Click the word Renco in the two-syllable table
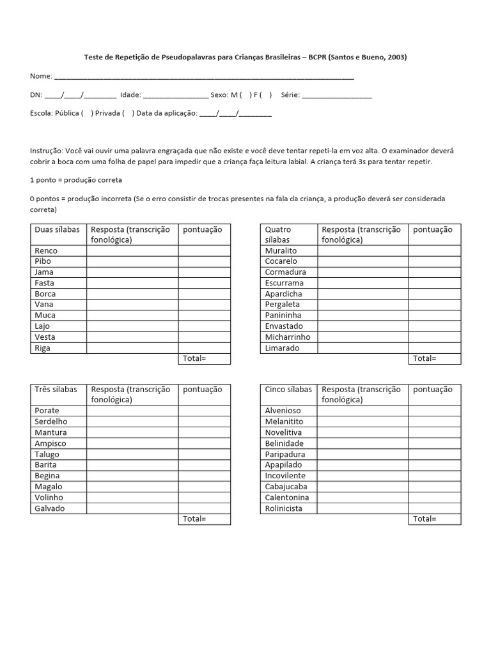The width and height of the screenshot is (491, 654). coord(45,250)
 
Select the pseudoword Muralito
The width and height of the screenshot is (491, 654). coord(281,250)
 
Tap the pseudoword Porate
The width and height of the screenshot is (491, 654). coord(47,411)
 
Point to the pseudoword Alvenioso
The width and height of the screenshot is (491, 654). coord(283,411)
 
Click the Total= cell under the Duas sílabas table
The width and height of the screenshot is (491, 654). coord(204,358)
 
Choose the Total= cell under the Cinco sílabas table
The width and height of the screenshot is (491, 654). coord(434,519)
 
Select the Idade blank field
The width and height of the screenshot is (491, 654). coord(175,95)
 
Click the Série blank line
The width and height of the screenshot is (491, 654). coord(336,95)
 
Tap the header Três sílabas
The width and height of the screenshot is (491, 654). coord(56,390)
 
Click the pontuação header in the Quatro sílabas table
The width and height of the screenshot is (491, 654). coord(433,229)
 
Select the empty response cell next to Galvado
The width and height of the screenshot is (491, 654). coord(132,508)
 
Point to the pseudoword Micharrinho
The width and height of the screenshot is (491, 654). coord(288,337)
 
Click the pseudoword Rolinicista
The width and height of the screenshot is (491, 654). coord(284,508)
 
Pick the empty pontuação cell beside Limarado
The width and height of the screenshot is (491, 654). coord(434,348)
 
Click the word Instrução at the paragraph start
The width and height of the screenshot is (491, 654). coord(46,151)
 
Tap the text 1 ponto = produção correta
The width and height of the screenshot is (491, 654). coord(75,180)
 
